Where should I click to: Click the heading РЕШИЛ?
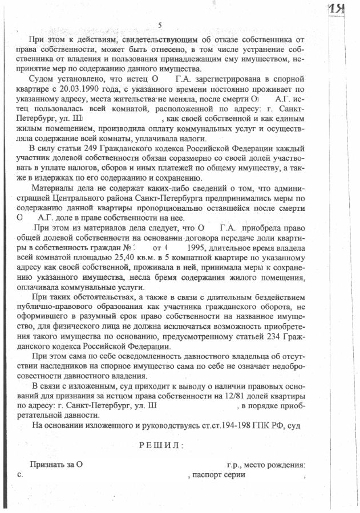161,445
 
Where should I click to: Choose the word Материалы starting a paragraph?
55,189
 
